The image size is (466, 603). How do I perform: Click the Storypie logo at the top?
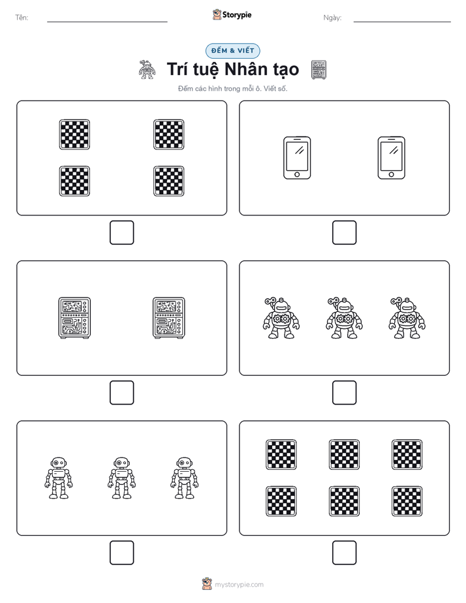pyautogui.click(x=232, y=14)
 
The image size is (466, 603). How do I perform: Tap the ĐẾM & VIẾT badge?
pyautogui.click(x=232, y=51)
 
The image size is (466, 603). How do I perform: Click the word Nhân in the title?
pyautogui.click(x=245, y=69)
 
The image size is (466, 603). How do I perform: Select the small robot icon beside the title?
pyautogui.click(x=146, y=70)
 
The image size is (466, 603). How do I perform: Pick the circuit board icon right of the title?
pyautogui.click(x=318, y=70)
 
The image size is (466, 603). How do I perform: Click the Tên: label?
pyautogui.click(x=22, y=18)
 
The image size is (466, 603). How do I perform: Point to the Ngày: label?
pyautogui.click(x=332, y=18)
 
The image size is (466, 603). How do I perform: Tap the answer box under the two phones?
pyautogui.click(x=344, y=233)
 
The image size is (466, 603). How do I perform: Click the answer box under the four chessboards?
pyautogui.click(x=122, y=233)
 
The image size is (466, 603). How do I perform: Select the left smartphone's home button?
pyautogui.click(x=297, y=175)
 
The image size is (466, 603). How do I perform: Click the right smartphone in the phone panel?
pyautogui.click(x=392, y=158)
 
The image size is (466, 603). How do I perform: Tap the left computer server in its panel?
pyautogui.click(x=74, y=318)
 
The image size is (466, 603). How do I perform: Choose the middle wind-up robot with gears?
pyautogui.click(x=344, y=318)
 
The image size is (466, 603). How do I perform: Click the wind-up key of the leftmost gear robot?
pyautogui.click(x=270, y=301)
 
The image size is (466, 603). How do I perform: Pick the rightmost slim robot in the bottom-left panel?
pyautogui.click(x=185, y=478)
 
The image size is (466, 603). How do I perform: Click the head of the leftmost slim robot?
pyautogui.click(x=59, y=462)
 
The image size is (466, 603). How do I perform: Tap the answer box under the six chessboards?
pyautogui.click(x=344, y=553)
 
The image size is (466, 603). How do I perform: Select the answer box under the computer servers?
pyautogui.click(x=122, y=393)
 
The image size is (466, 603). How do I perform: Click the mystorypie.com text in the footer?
pyautogui.click(x=239, y=585)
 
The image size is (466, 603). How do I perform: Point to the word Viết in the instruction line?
pyautogui.click(x=270, y=89)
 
